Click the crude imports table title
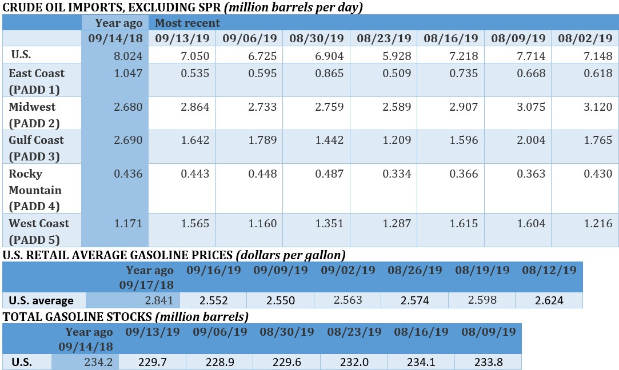(183, 7)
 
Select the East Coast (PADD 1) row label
(37, 81)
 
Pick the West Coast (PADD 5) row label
(39, 231)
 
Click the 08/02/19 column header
(585, 39)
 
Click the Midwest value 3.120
(598, 107)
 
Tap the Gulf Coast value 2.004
(531, 140)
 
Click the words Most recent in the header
(187, 23)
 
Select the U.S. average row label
(41, 300)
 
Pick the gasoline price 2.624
(549, 300)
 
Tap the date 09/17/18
(147, 284)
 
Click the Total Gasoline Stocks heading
(125, 316)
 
